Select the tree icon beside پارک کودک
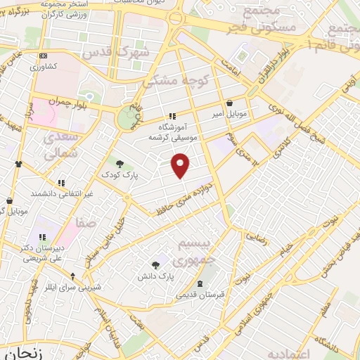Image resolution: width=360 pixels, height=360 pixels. (x=119, y=163)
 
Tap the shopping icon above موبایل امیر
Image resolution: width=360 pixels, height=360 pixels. (x=229, y=103)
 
